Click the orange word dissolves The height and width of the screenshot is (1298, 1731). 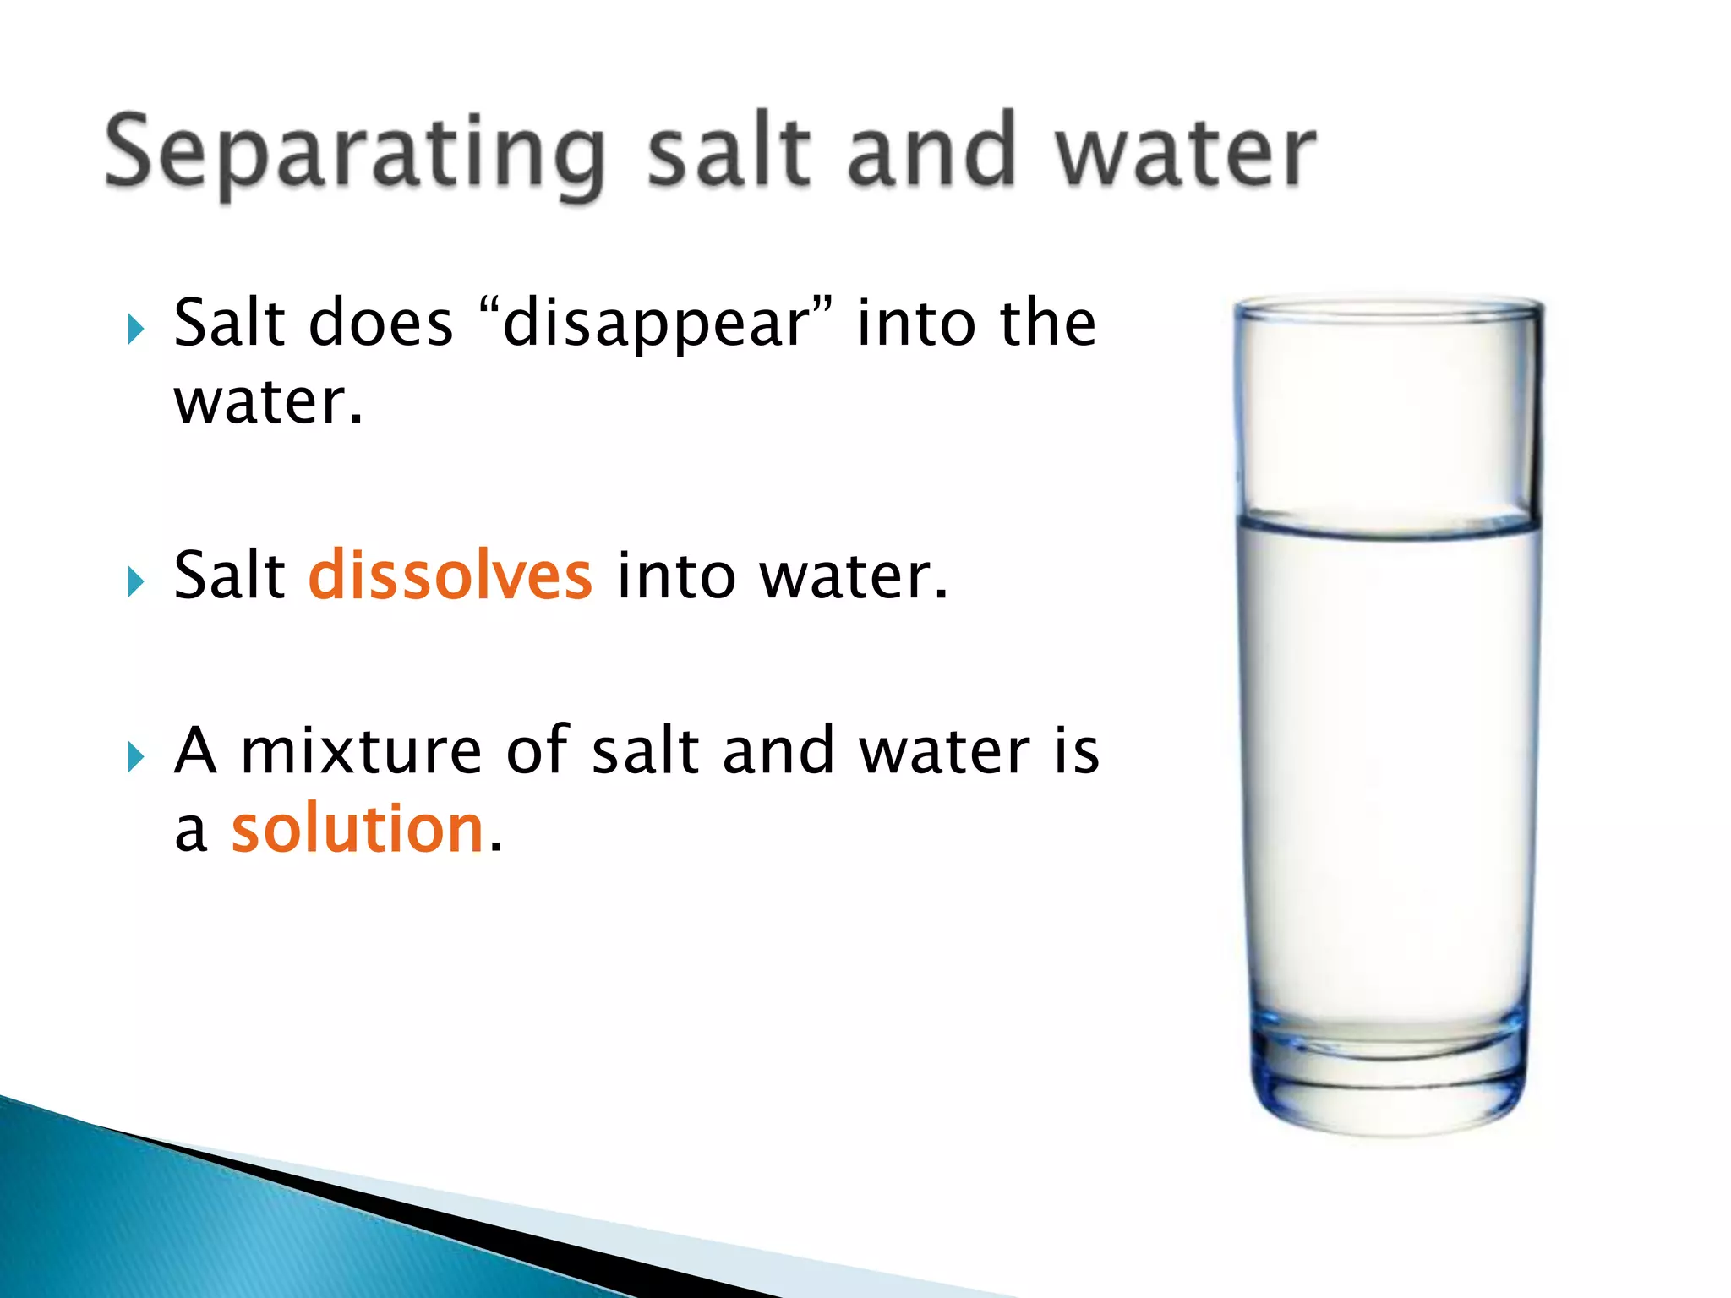pyautogui.click(x=450, y=575)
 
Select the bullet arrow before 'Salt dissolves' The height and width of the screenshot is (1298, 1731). pyautogui.click(x=136, y=581)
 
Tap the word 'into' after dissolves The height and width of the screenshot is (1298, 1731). pyautogui.click(x=676, y=575)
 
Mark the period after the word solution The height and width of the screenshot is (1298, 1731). pyautogui.click(x=495, y=848)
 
